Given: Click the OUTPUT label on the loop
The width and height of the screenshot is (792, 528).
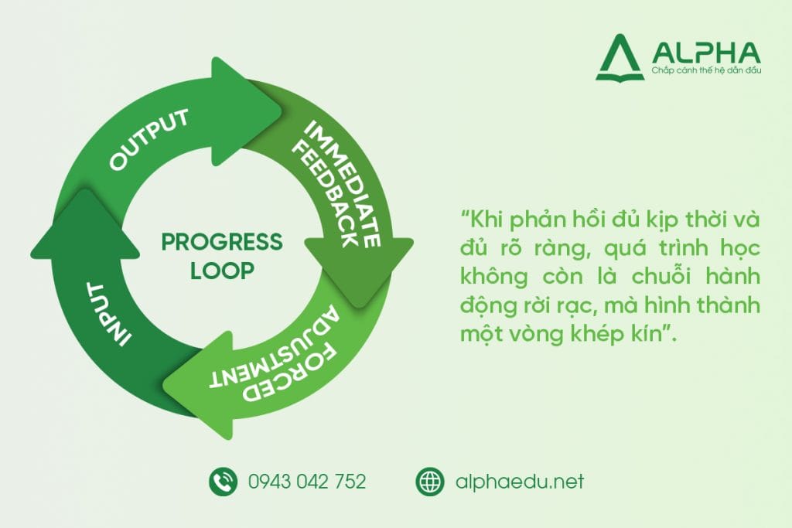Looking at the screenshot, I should coord(149,140).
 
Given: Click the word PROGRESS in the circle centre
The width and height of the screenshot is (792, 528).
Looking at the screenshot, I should coord(222,243).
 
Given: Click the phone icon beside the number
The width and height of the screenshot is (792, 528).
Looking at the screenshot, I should coord(222,482).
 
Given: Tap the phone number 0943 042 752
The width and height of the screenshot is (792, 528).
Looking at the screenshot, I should coord(307,482).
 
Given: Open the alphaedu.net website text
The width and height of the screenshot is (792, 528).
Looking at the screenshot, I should coord(520,482).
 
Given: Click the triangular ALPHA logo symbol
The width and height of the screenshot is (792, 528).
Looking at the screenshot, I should coord(620,58).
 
